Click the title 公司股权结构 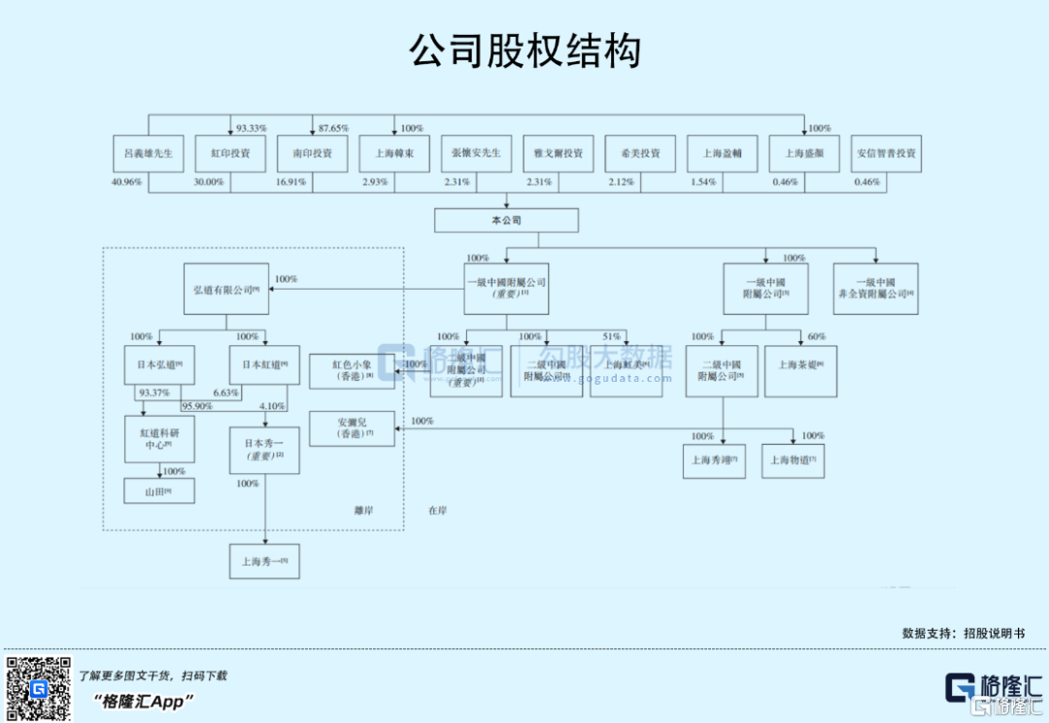pyautogui.click(x=524, y=51)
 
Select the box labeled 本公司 pyautogui.click(x=506, y=221)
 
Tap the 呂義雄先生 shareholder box pyautogui.click(x=149, y=154)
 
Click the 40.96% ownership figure pyautogui.click(x=127, y=182)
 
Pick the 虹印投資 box pyautogui.click(x=230, y=154)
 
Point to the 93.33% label pyautogui.click(x=252, y=128)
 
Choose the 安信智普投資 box pyautogui.click(x=886, y=154)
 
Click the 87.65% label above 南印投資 pyautogui.click(x=333, y=128)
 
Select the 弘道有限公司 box pyautogui.click(x=226, y=290)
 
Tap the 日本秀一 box pyautogui.click(x=265, y=450)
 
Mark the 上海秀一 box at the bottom pyautogui.click(x=265, y=561)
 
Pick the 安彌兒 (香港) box pyautogui.click(x=352, y=429)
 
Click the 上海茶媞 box pyautogui.click(x=800, y=370)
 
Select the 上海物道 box pyautogui.click(x=793, y=461)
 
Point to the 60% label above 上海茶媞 pyautogui.click(x=817, y=336)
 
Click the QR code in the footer pyautogui.click(x=38, y=689)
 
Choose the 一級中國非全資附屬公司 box pyautogui.click(x=876, y=288)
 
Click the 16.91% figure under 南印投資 pyautogui.click(x=290, y=182)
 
